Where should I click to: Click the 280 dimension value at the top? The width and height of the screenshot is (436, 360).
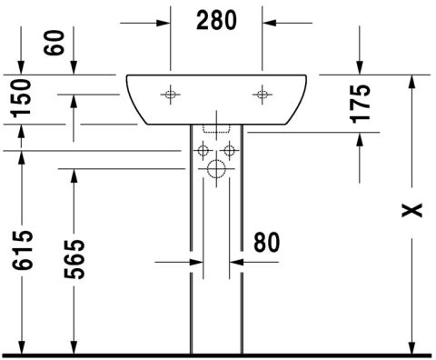(x=216, y=19)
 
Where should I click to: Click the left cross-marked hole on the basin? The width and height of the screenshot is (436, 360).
(x=170, y=93)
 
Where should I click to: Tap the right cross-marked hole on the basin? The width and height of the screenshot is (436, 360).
(x=263, y=93)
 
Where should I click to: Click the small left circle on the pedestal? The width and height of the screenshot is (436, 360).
(x=203, y=148)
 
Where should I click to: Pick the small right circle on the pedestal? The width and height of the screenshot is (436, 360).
(x=230, y=148)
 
